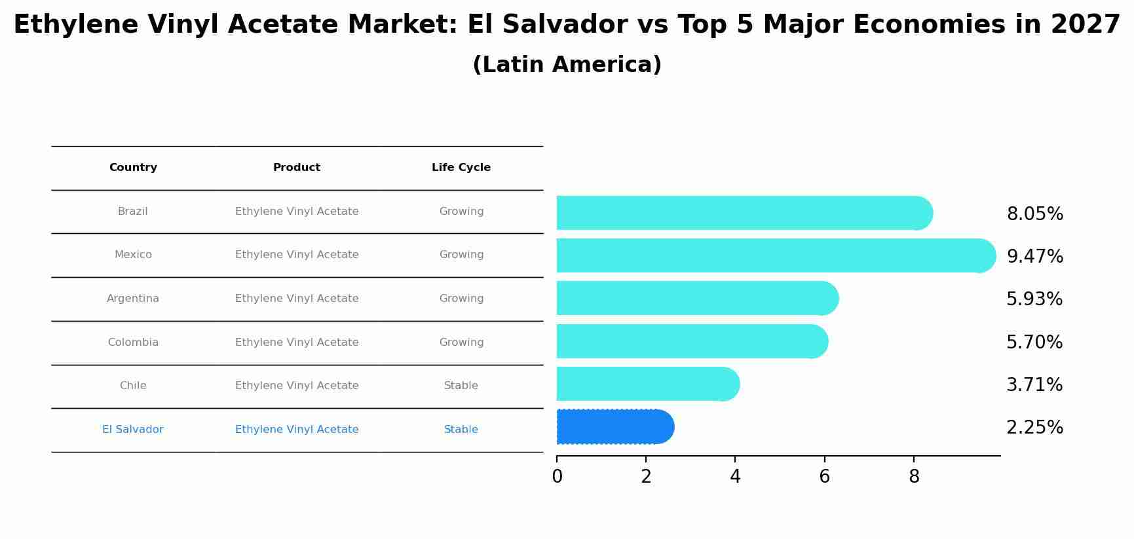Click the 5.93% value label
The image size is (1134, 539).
click(1034, 299)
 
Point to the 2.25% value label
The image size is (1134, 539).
click(1034, 428)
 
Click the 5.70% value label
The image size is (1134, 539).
click(1034, 343)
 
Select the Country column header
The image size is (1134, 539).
click(133, 168)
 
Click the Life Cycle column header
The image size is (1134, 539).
click(461, 168)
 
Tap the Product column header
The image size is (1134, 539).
click(297, 168)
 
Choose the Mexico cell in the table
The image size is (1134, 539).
click(133, 255)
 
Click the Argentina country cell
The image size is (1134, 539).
click(133, 299)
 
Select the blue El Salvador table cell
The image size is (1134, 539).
click(133, 430)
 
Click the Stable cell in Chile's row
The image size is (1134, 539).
click(461, 386)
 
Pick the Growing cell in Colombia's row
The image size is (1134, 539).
click(461, 343)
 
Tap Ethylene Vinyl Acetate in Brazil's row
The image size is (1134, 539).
click(297, 212)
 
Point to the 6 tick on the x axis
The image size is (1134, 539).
click(824, 477)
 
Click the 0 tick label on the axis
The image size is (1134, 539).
click(557, 477)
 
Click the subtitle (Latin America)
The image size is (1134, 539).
click(567, 65)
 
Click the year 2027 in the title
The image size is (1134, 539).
click(1086, 25)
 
